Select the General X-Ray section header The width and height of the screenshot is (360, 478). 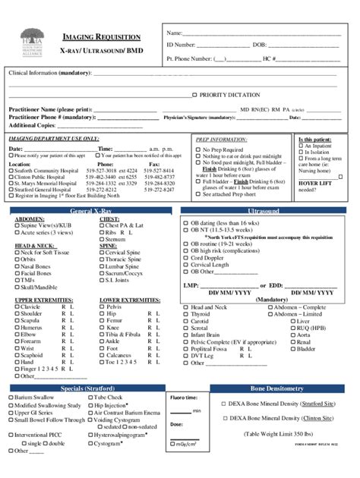[90, 209]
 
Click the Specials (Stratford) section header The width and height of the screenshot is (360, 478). [90, 388]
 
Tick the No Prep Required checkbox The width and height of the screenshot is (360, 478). [198, 150]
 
